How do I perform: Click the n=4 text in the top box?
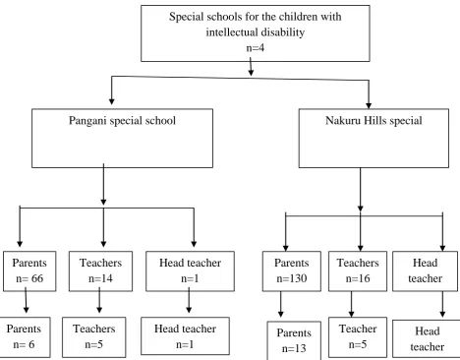click(x=256, y=48)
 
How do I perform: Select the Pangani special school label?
click(x=122, y=121)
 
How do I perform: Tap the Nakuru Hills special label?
click(x=374, y=121)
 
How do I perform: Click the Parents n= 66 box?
click(x=29, y=271)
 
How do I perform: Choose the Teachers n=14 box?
click(x=100, y=271)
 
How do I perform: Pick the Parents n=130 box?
click(x=292, y=271)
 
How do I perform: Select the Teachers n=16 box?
click(x=358, y=271)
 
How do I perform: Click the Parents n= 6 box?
click(x=25, y=337)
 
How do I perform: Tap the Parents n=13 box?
click(x=294, y=340)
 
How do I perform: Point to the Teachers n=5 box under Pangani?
click(x=94, y=337)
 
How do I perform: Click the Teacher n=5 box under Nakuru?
click(x=358, y=337)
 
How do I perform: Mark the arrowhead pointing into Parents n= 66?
click(x=20, y=244)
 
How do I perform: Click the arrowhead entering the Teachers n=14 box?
click(x=103, y=244)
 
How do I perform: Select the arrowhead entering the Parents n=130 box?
click(x=286, y=248)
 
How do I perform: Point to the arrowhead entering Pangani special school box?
click(x=112, y=100)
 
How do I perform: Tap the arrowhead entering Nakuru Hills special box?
click(x=369, y=105)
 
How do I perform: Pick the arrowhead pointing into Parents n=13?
click(x=281, y=314)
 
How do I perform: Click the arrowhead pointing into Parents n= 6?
click(x=27, y=309)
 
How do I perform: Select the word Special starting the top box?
click(x=187, y=17)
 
